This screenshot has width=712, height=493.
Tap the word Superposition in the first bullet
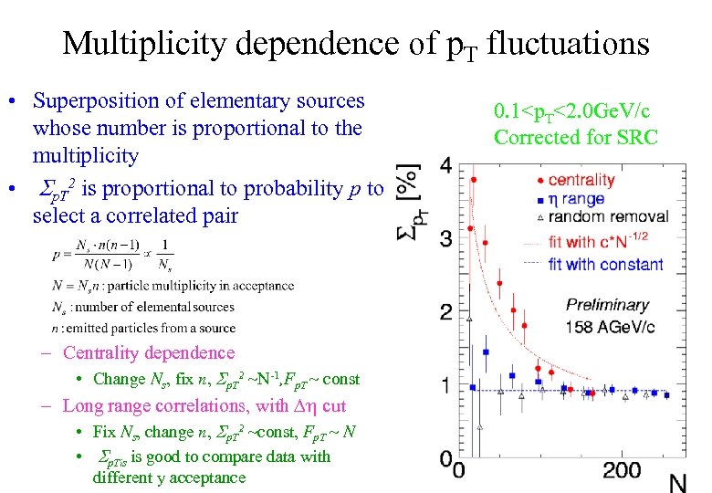(x=96, y=101)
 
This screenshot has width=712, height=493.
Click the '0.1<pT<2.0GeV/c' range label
(x=572, y=113)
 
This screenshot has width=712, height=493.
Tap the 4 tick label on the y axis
(x=445, y=165)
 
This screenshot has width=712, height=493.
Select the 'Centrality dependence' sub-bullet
(x=149, y=353)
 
